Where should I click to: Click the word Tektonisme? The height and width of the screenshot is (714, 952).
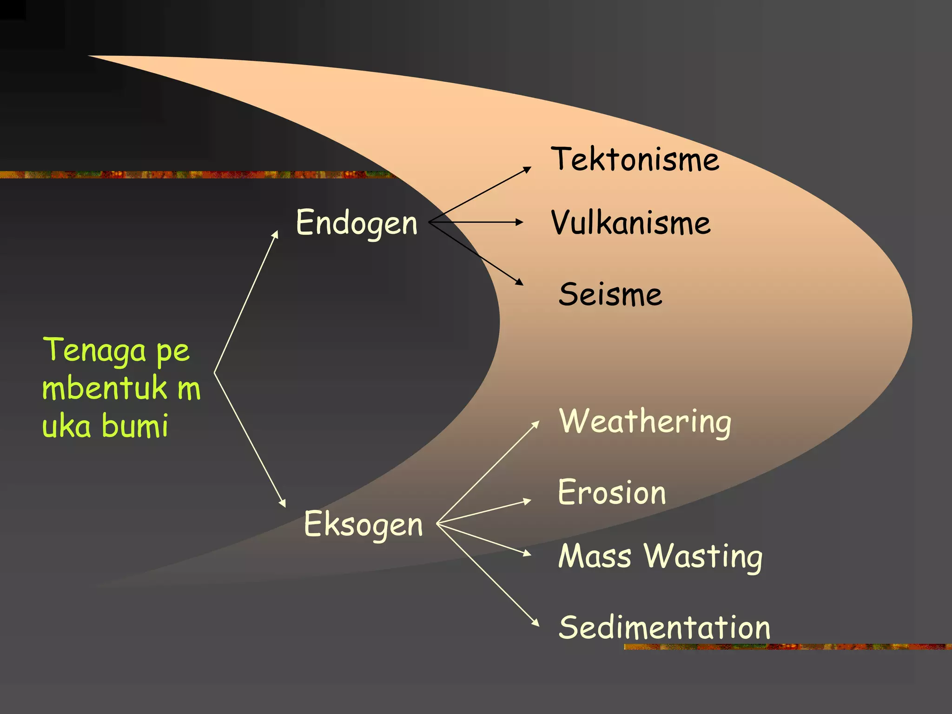pyautogui.click(x=635, y=159)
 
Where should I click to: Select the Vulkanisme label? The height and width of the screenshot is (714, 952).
pyautogui.click(x=631, y=223)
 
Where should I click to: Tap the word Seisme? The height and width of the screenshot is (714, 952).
pyautogui.click(x=610, y=294)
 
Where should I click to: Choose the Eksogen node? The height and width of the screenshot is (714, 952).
pyautogui.click(x=363, y=524)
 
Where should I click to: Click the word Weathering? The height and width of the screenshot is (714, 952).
pyautogui.click(x=645, y=422)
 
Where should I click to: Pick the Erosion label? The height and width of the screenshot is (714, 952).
pyautogui.click(x=612, y=492)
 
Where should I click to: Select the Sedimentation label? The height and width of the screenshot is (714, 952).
pyautogui.click(x=664, y=628)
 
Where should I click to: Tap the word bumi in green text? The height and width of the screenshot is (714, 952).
pyautogui.click(x=135, y=426)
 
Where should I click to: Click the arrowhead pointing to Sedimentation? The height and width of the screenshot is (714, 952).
pyautogui.click(x=535, y=623)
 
